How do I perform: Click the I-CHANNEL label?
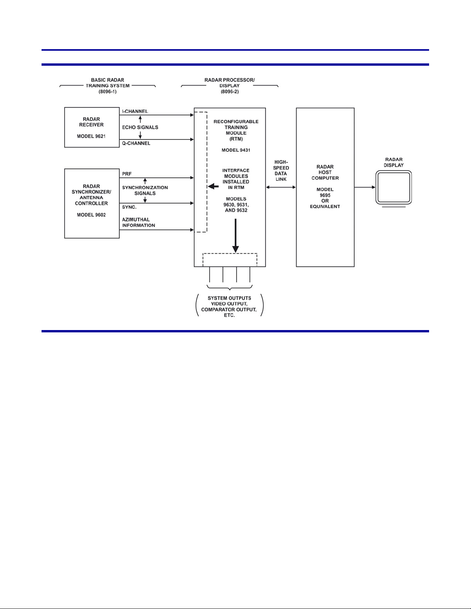(135, 111)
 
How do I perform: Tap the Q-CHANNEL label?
(136, 143)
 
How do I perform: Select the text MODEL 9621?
(91, 136)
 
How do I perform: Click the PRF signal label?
(127, 174)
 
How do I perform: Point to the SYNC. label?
(129, 207)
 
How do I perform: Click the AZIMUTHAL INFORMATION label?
(138, 222)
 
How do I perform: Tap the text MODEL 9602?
(91, 215)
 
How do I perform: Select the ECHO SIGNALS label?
(140, 127)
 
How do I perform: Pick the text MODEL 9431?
(236, 150)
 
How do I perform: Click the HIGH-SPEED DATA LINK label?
(281, 170)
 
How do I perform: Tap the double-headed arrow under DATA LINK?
(281, 187)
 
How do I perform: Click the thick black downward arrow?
(235, 236)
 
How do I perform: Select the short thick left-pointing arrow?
(213, 186)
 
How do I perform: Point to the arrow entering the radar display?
(365, 187)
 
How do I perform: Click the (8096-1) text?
(107, 91)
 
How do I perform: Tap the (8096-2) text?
(230, 91)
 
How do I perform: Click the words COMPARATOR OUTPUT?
(229, 309)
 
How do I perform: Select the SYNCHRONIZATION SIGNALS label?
(145, 190)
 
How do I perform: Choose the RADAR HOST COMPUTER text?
(325, 173)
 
